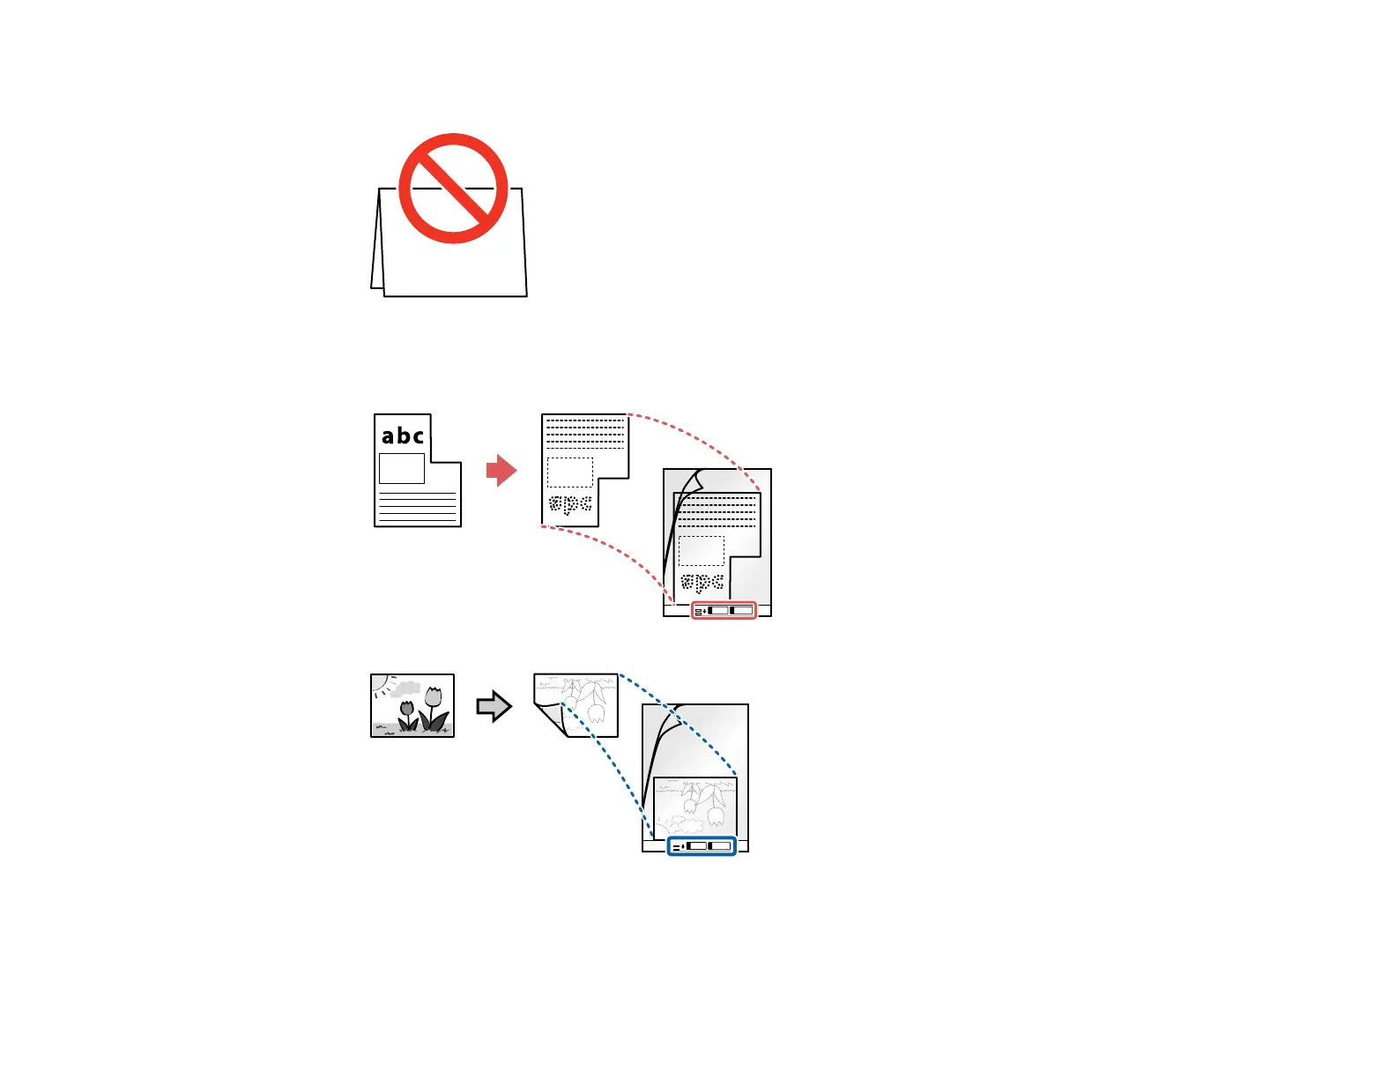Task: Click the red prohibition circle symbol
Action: coord(453,189)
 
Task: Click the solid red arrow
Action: coord(501,471)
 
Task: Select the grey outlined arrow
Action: coord(494,706)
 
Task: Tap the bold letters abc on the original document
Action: coord(403,435)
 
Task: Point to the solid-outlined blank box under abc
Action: coord(402,468)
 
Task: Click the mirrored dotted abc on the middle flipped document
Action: coord(570,505)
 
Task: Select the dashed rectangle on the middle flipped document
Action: coord(570,473)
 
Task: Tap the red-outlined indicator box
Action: coord(724,610)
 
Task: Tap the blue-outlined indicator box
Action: coord(702,846)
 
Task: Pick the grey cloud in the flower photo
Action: coord(406,688)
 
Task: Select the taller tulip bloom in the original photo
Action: coord(433,697)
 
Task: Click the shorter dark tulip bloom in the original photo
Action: coord(407,707)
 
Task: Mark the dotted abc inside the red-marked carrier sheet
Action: coord(702,583)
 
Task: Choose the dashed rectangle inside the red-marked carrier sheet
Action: coord(702,551)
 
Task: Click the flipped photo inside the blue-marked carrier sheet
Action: coord(695,807)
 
